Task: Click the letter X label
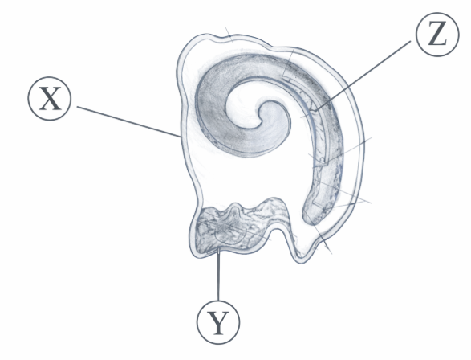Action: tap(50, 98)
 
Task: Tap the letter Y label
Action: tap(218, 322)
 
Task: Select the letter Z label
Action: tap(437, 35)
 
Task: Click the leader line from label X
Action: tap(128, 121)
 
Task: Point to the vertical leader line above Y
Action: tap(218, 274)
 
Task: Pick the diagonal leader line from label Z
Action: tap(363, 76)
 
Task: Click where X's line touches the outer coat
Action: tap(181, 137)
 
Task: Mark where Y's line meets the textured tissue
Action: tap(219, 248)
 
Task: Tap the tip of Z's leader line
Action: tap(315, 110)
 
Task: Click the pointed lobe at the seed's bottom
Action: tap(301, 256)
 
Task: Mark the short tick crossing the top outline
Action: tap(229, 35)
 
